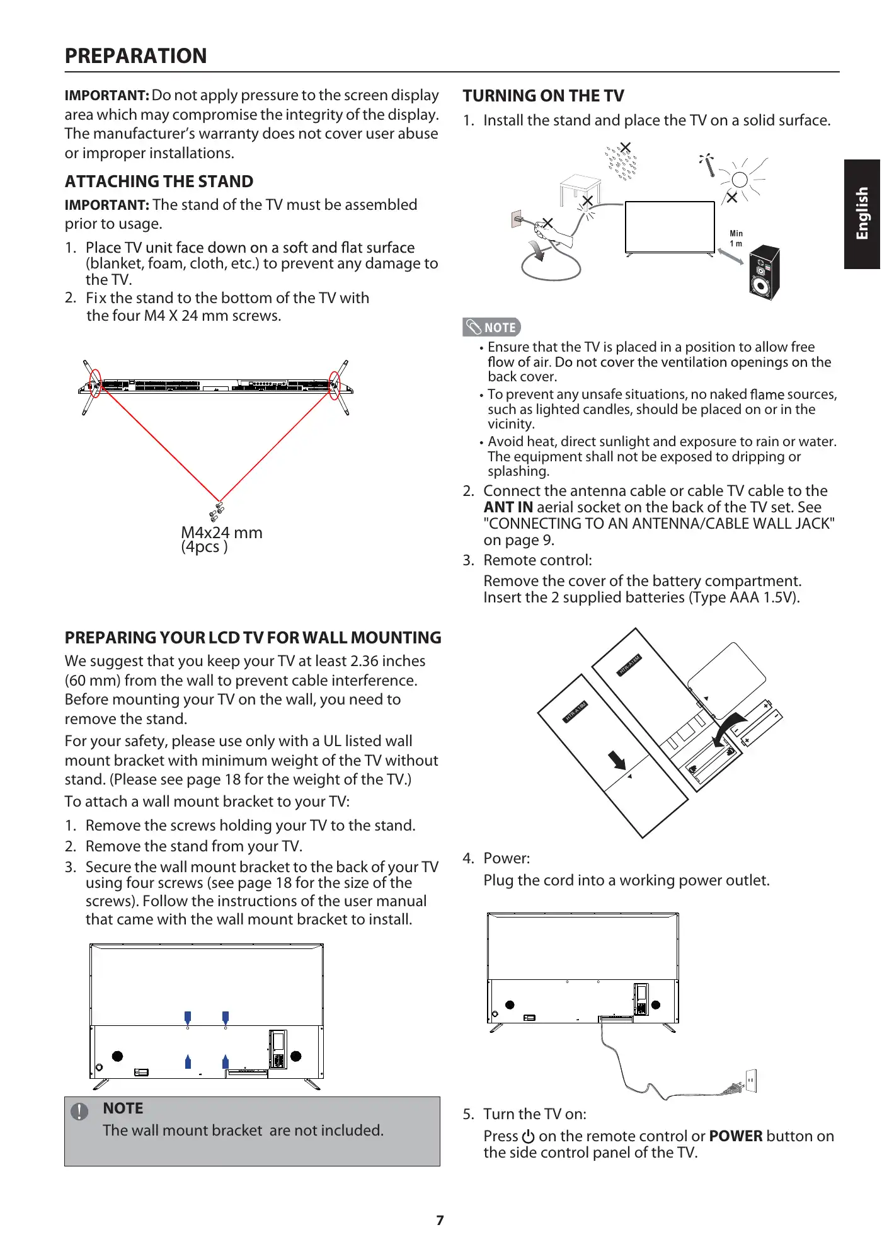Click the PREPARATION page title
[135, 56]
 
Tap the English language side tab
[862, 214]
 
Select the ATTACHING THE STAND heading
[159, 181]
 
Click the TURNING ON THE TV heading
[543, 96]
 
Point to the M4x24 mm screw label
[221, 532]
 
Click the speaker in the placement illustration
[764, 272]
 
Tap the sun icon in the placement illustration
[740, 180]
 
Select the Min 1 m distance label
[736, 238]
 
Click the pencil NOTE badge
[491, 327]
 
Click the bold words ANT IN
[508, 507]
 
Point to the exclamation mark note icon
[79, 1112]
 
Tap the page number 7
[440, 1221]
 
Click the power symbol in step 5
[528, 1137]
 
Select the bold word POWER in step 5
[735, 1136]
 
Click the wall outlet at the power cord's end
[750, 1080]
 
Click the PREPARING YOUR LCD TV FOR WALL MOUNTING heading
[253, 638]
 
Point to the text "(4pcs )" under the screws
[204, 547]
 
